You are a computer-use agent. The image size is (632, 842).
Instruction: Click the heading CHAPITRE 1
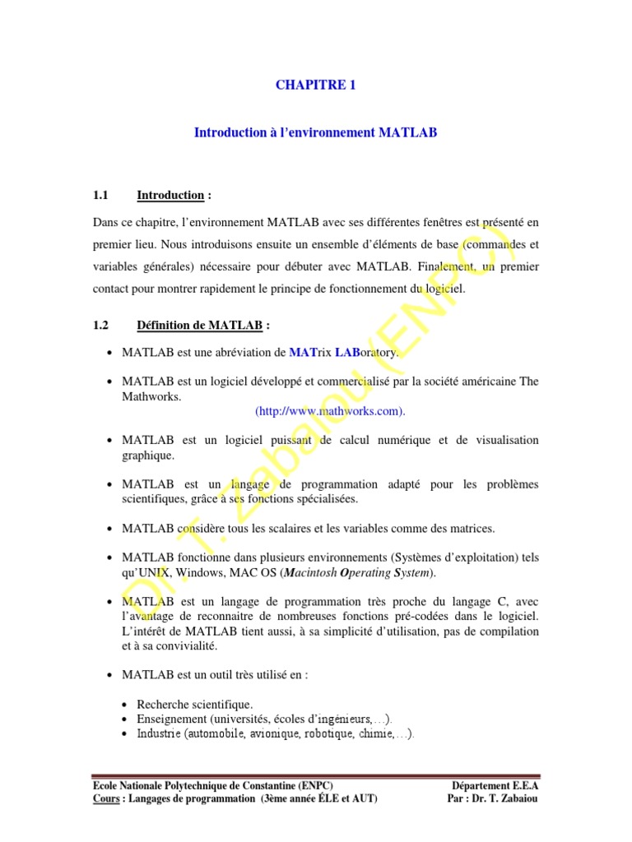point(316,85)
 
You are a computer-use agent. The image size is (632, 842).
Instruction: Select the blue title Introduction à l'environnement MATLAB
point(316,132)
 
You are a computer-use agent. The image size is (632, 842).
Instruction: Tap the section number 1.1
point(101,196)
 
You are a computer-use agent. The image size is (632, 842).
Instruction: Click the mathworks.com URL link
point(331,410)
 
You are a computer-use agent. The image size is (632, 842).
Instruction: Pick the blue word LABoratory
point(367,353)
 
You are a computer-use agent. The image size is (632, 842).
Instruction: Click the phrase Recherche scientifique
point(195,705)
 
